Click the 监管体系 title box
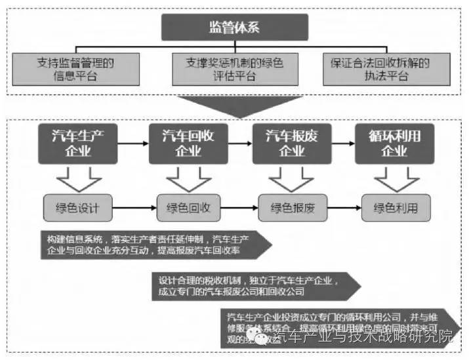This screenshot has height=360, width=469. click(x=235, y=28)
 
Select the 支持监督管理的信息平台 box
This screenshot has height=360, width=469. click(x=76, y=70)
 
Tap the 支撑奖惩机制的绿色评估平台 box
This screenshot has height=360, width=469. click(x=235, y=70)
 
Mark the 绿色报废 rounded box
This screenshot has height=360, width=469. click(x=293, y=209)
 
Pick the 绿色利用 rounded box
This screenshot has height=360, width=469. click(x=396, y=209)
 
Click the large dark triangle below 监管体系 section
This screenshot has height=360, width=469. click(x=234, y=105)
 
